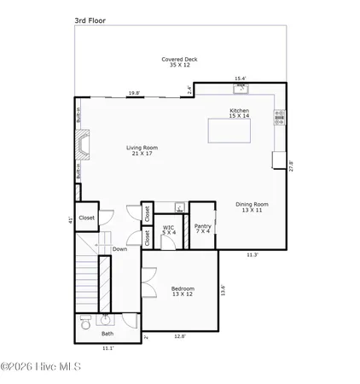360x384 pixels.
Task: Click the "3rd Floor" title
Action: click(88, 15)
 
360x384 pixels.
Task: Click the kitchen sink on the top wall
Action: click(241, 87)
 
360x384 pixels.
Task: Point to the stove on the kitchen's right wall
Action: click(278, 118)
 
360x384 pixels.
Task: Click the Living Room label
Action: click(142, 150)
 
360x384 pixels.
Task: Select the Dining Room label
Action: click(253, 207)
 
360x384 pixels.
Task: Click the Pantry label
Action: click(202, 229)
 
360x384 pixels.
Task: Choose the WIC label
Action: click(170, 230)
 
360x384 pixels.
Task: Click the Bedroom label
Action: click(183, 291)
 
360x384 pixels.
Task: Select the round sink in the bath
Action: click(105, 320)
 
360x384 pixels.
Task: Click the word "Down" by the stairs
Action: click(120, 249)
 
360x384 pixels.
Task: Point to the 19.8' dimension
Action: click(134, 93)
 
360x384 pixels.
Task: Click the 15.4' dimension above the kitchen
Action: click(241, 79)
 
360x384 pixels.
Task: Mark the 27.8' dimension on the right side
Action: click(291, 165)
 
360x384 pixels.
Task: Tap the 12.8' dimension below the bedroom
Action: click(180, 335)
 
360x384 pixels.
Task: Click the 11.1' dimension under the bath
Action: click(107, 348)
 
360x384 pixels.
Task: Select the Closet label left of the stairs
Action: click(87, 218)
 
